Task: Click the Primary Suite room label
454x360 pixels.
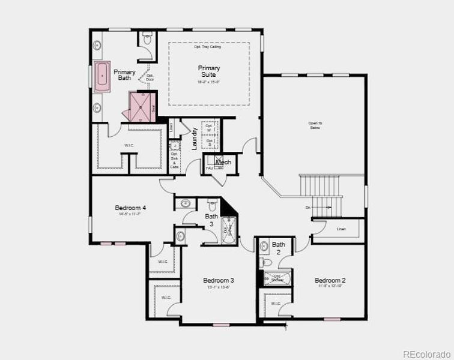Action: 208,71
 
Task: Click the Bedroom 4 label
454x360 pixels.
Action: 130,208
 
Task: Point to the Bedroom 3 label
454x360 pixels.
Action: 218,281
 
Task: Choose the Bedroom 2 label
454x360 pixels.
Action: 330,281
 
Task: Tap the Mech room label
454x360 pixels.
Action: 223,162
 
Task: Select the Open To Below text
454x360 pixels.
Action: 316,125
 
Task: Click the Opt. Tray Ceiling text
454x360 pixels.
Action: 208,47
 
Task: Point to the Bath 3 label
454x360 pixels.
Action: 211,220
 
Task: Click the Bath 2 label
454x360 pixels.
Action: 278,248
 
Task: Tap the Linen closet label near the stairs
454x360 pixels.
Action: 341,229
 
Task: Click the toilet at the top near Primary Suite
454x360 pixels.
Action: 147,40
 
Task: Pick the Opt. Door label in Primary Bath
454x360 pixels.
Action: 150,77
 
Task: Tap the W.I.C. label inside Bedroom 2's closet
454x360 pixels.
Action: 275,304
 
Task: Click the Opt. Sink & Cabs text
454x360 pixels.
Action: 174,160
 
